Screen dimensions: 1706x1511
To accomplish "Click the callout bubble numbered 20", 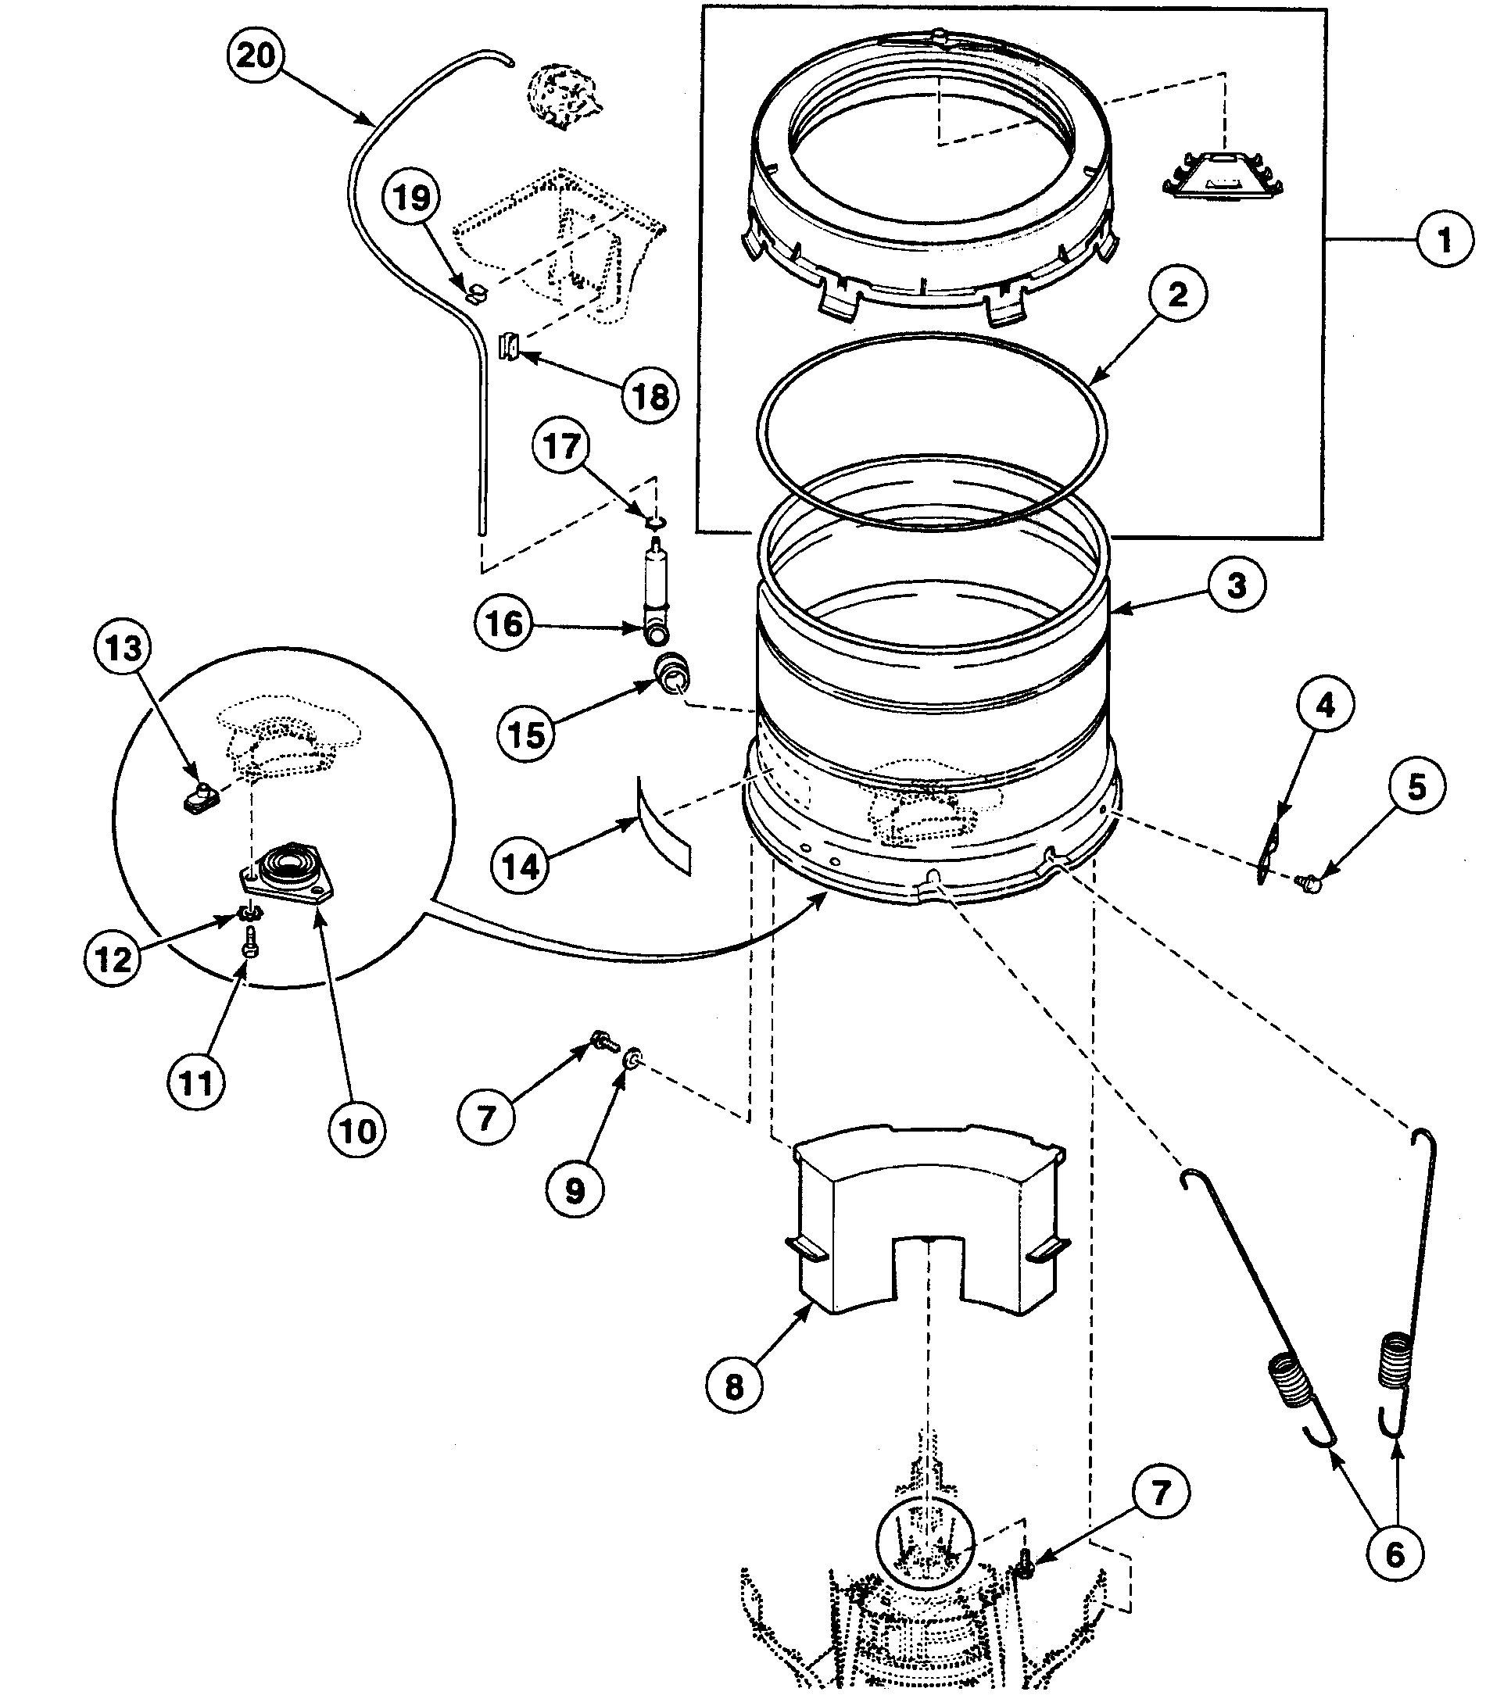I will point(256,56).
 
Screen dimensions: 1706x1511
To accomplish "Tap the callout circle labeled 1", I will point(1445,241).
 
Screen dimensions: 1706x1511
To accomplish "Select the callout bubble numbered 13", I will point(124,648).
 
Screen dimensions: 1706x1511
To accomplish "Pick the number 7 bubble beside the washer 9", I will point(487,1117).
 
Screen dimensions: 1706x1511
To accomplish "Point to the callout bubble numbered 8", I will point(734,1386).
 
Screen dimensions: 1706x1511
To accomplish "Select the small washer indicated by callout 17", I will point(656,524).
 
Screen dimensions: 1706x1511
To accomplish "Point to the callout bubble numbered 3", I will point(1237,585).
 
